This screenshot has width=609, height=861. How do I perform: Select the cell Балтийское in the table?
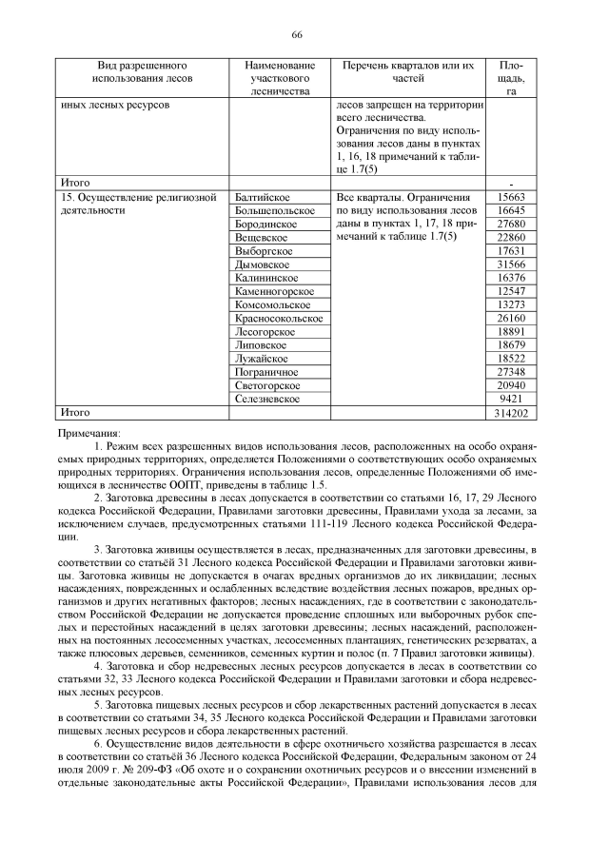point(262,196)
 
